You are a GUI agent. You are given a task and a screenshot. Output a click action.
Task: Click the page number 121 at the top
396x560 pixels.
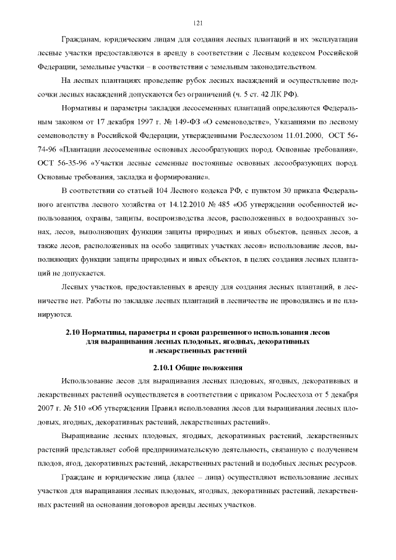click(198, 23)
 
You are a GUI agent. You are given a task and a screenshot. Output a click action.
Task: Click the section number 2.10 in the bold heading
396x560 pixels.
click(74, 332)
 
